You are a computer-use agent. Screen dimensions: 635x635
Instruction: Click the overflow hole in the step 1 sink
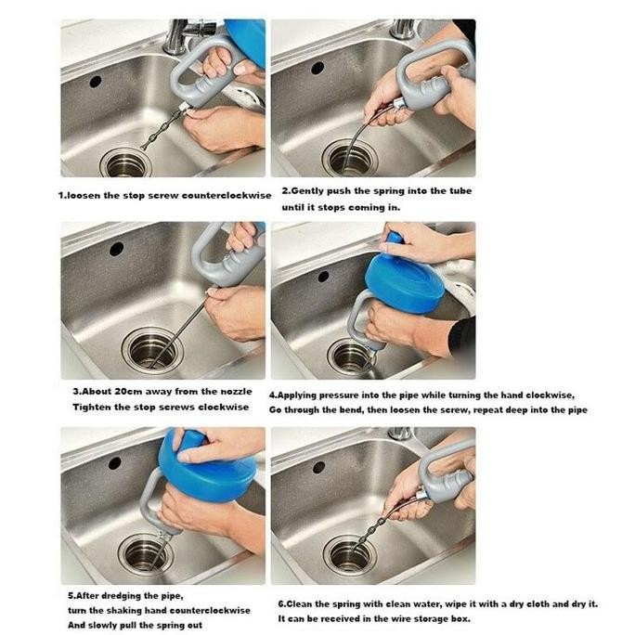coord(96,82)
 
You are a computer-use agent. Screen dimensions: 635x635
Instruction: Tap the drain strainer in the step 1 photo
coord(125,162)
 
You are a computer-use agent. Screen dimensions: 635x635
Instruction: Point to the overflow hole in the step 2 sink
coord(317,68)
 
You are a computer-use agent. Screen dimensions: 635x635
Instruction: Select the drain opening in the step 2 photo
coord(349,158)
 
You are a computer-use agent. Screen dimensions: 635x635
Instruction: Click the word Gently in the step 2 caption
coord(307,191)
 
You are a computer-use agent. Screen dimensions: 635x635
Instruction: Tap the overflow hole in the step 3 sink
coord(117,249)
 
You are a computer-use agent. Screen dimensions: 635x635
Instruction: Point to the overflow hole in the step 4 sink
coord(323,277)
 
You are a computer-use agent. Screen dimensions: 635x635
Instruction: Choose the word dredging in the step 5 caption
coord(121,596)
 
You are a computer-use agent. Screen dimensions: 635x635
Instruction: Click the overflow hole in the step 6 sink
coord(318,467)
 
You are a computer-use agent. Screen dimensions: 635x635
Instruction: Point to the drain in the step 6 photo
coord(350,555)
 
